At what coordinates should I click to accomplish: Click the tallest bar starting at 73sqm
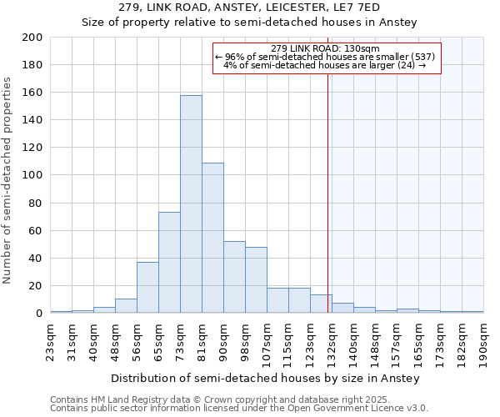click(x=191, y=204)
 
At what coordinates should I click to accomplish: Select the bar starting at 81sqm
click(x=212, y=238)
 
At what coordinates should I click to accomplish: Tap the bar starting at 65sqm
click(x=169, y=263)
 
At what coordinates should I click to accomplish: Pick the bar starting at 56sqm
click(x=147, y=288)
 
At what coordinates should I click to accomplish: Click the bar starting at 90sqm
click(x=234, y=277)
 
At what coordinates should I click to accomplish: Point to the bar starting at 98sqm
click(x=256, y=280)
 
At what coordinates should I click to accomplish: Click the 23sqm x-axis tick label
click(x=51, y=342)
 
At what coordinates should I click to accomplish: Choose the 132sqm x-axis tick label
click(x=332, y=342)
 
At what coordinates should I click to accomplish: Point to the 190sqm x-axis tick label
click(x=484, y=342)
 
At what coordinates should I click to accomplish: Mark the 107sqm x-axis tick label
click(x=267, y=342)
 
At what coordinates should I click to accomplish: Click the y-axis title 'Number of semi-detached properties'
click(x=7, y=180)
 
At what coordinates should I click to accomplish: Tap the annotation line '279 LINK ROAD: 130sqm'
click(x=325, y=48)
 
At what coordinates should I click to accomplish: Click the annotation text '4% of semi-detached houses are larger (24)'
click(x=325, y=66)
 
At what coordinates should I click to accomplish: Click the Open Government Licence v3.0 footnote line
click(x=239, y=409)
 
